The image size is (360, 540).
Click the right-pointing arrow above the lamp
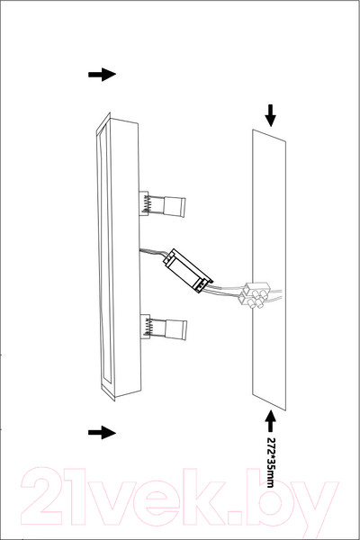(x=102, y=75)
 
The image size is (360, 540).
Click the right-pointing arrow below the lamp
(x=102, y=433)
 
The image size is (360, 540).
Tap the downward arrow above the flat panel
(x=270, y=115)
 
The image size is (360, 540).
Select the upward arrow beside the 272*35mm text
(x=270, y=421)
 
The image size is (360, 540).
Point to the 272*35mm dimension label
(x=270, y=463)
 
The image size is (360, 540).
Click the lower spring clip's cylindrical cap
(x=175, y=330)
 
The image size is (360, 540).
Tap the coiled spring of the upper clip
(x=147, y=203)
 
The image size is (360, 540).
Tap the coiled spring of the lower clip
(x=148, y=327)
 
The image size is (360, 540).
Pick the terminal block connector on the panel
(x=256, y=295)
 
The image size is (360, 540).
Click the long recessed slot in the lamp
(x=105, y=256)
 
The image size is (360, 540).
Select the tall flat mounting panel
(x=269, y=270)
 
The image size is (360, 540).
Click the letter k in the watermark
(x=242, y=496)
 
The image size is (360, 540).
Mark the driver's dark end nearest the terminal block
(x=203, y=284)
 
